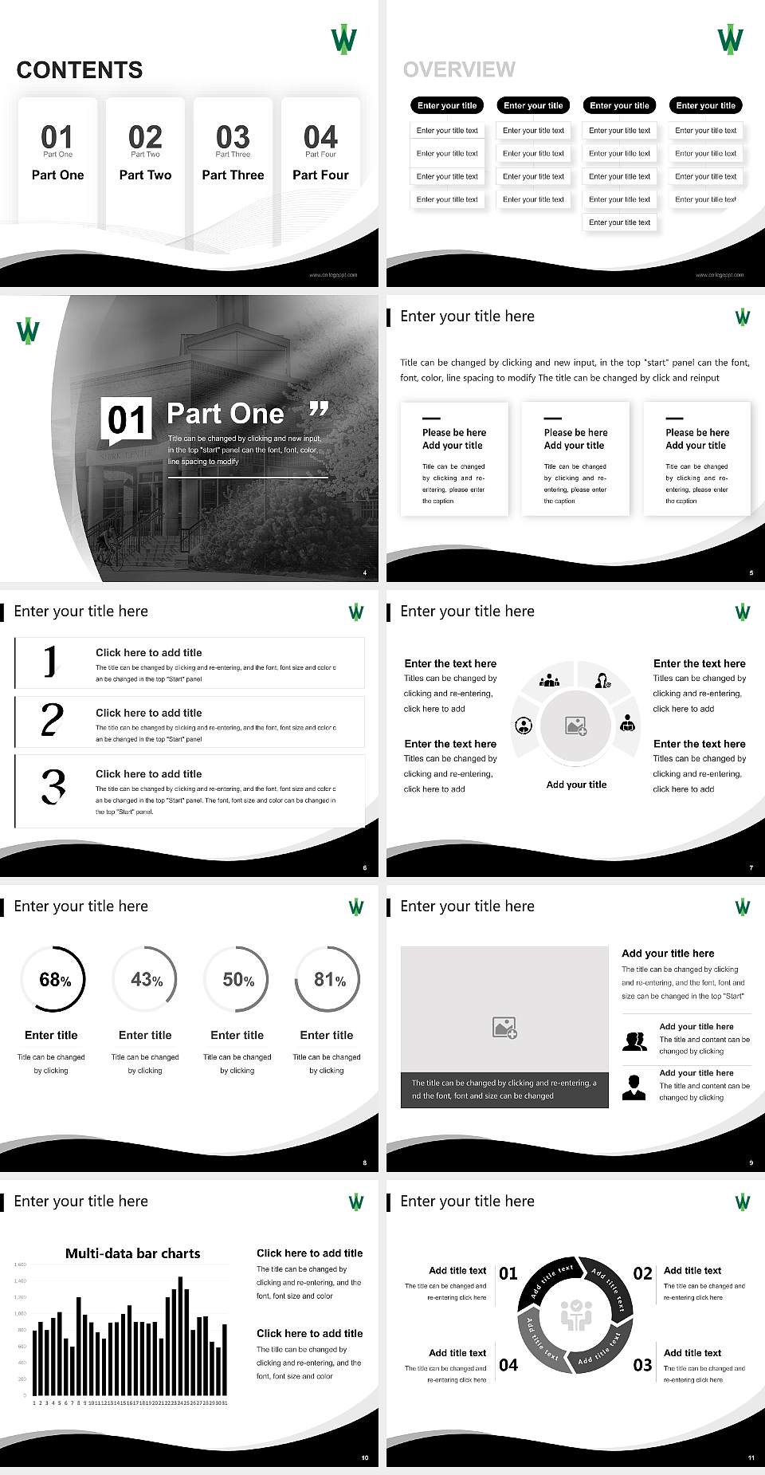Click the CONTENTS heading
click(x=80, y=70)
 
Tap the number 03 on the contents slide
click(x=233, y=137)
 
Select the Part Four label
click(x=320, y=175)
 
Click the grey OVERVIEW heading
click(x=459, y=69)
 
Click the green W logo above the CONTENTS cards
click(x=343, y=39)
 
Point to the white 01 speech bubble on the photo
click(x=127, y=420)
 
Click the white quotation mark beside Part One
click(x=318, y=410)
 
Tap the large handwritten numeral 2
click(x=52, y=720)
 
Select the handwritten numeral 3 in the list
click(x=53, y=786)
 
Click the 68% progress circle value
click(x=54, y=980)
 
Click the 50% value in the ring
click(x=238, y=980)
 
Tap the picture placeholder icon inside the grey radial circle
click(x=576, y=726)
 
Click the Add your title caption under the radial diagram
click(x=576, y=785)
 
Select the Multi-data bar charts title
click(x=133, y=1253)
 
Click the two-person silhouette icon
click(x=634, y=1041)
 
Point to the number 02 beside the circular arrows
click(x=642, y=1273)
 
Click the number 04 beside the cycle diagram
click(x=508, y=1365)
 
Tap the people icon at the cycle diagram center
click(x=576, y=1316)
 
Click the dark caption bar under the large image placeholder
click(x=504, y=1089)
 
